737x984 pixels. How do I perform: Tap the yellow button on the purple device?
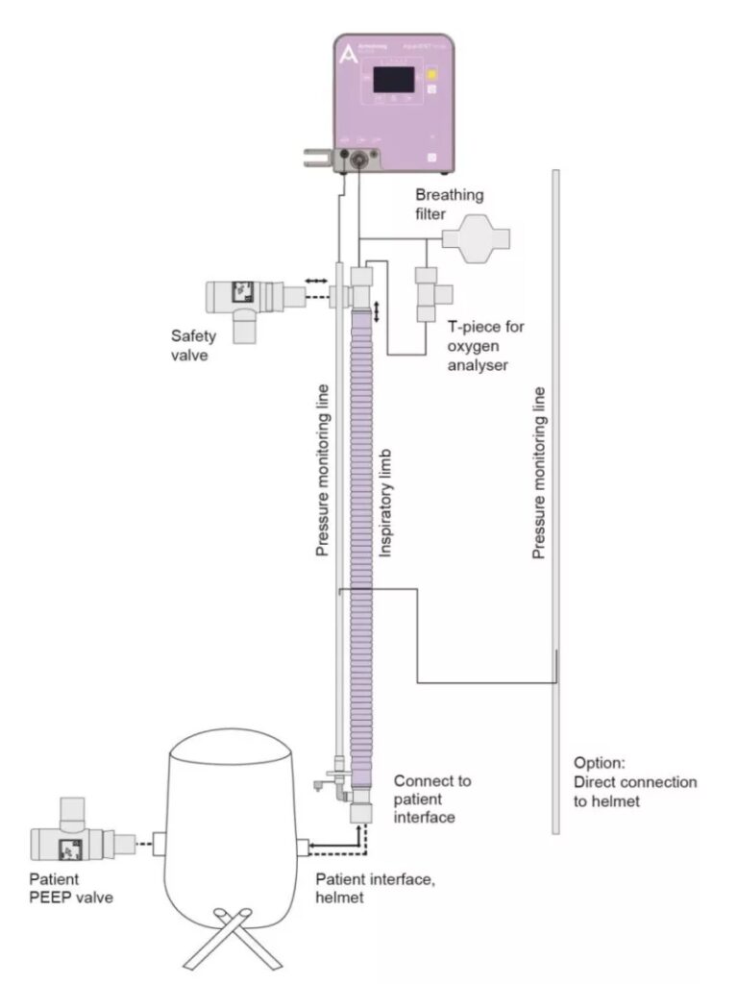click(432, 73)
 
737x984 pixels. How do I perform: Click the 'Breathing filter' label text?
click(449, 204)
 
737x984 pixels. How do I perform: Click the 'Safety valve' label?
click(193, 344)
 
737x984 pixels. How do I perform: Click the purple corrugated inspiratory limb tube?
click(362, 538)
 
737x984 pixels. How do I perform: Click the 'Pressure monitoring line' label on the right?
click(539, 472)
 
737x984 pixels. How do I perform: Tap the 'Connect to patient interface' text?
click(431, 799)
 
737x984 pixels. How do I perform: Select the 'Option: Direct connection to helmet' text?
click(634, 780)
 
